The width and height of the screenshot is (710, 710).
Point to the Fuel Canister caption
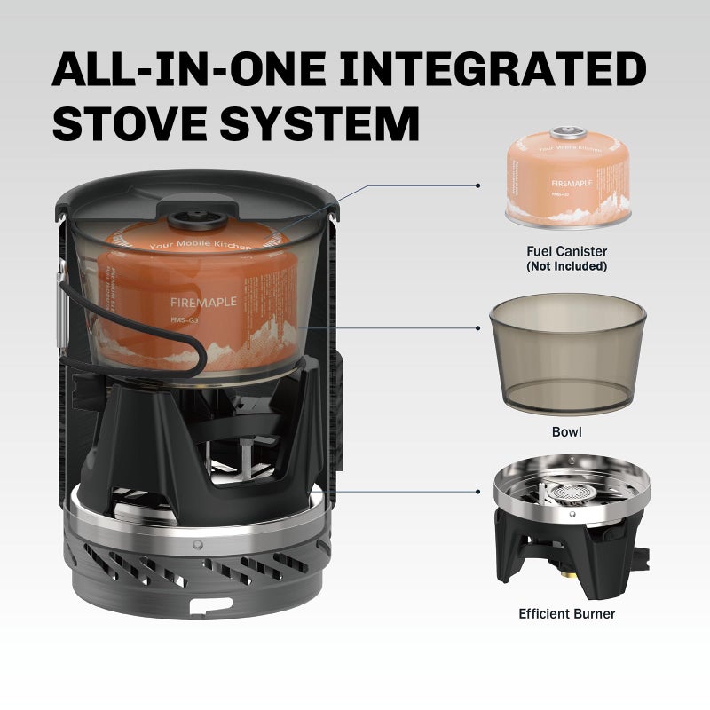point(566,252)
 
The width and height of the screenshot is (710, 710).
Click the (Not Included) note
point(566,266)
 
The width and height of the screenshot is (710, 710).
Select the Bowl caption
point(566,432)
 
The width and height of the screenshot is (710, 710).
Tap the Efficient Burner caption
point(566,613)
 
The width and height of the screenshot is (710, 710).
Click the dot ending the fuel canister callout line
point(478,186)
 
